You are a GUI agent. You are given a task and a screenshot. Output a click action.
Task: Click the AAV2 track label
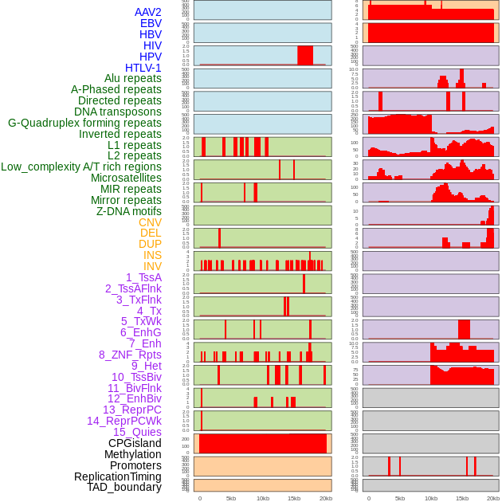point(147,12)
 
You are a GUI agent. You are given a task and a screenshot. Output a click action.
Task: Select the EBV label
point(151,23)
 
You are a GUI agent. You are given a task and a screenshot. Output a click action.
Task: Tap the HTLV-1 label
point(143,68)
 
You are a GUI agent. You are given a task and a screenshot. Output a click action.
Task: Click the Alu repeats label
point(132,78)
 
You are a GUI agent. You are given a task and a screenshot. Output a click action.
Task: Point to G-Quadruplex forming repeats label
point(84,123)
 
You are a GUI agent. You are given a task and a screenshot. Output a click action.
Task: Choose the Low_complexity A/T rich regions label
point(80,167)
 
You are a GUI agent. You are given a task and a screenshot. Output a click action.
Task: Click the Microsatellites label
point(126,178)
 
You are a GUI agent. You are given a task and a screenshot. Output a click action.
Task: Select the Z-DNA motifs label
point(128,211)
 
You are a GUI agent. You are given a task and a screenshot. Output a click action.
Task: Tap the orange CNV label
point(150,222)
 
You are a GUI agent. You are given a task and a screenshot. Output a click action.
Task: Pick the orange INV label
point(152,266)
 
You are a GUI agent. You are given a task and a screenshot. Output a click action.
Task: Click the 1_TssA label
point(143,277)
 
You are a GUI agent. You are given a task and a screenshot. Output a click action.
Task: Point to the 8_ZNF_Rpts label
point(130,355)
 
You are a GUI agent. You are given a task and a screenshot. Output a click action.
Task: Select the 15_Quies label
point(136,432)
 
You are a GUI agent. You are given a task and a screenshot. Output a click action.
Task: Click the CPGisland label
point(135,443)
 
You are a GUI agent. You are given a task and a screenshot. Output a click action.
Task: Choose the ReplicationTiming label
point(117,477)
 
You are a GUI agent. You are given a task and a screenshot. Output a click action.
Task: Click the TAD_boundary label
point(124,487)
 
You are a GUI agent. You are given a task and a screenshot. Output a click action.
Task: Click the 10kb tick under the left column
point(262,498)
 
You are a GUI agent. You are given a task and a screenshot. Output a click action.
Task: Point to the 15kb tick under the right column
point(462,498)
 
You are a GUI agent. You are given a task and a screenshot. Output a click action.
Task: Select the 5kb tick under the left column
point(231,498)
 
